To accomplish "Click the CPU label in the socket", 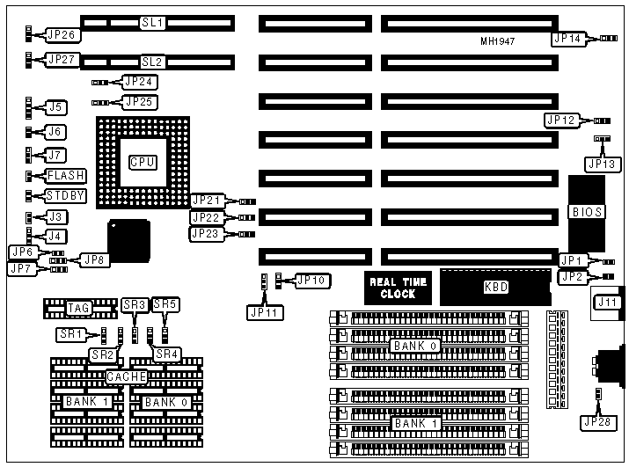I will pos(142,163).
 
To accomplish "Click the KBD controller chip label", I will pos(495,288).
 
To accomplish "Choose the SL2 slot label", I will pos(153,62).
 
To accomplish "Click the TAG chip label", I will pos(79,308).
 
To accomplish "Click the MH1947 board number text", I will pos(498,41).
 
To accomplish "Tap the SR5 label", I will pos(165,304).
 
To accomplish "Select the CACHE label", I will pos(126,376).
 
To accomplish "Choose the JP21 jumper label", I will pos(209,201).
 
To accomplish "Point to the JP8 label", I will pos(93,259).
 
